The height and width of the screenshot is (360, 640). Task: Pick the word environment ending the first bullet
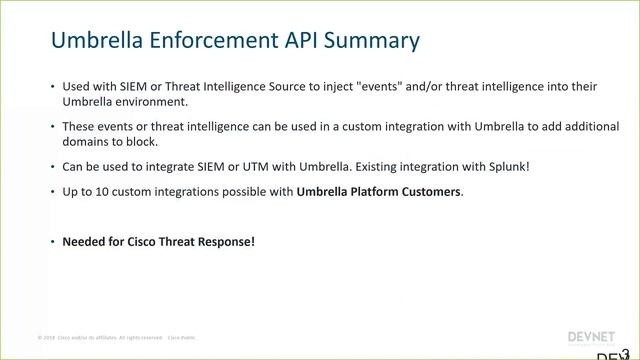click(x=149, y=102)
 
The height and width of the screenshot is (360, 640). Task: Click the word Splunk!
click(x=507, y=166)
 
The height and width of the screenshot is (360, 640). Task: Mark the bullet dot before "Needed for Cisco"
click(x=52, y=241)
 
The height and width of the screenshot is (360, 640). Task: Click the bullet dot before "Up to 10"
click(x=52, y=191)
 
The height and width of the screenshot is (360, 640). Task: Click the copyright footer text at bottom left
click(x=116, y=337)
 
